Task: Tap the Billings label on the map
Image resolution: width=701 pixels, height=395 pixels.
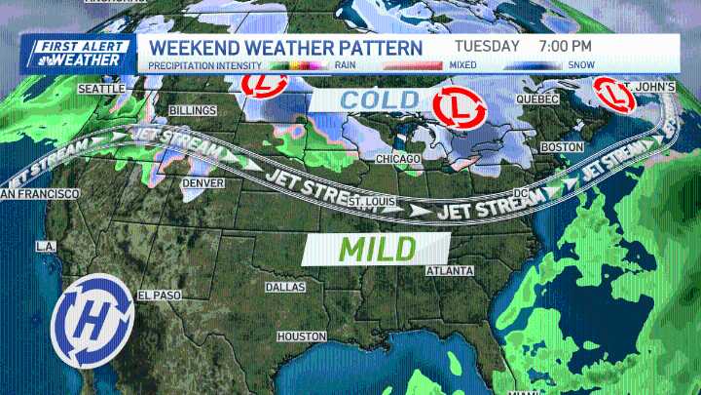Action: (192, 110)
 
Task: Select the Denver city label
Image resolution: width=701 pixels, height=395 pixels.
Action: (203, 182)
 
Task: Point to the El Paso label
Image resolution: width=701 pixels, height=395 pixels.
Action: (160, 296)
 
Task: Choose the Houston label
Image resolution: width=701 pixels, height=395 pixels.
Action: (302, 336)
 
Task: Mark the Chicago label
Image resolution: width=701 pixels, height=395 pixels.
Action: (398, 158)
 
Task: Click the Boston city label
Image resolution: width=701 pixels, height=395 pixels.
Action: (561, 146)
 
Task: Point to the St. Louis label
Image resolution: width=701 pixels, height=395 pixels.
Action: (371, 201)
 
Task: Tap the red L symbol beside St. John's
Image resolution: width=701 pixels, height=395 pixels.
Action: (614, 95)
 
